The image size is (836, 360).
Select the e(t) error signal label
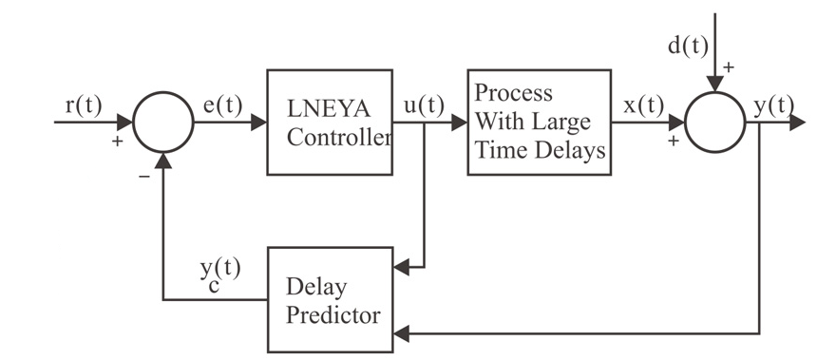coord(224,105)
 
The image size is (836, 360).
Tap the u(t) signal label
coord(424,105)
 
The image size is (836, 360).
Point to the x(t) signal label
coord(644,105)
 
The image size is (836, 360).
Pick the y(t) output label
coord(770,105)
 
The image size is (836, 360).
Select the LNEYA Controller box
coord(329,122)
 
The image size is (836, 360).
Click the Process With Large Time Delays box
coord(538,122)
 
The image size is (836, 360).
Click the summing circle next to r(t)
coord(162,123)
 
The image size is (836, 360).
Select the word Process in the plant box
coord(514,94)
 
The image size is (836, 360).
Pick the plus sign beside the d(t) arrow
coord(731,69)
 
